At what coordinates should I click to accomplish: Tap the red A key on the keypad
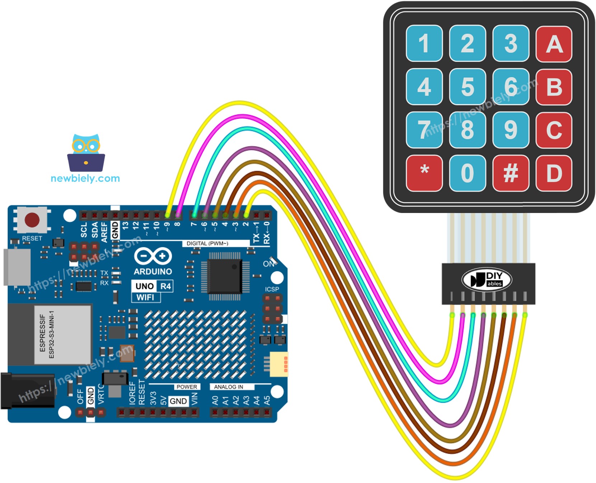click(554, 44)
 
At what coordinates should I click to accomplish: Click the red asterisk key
click(424, 173)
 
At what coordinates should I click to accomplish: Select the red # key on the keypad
click(511, 173)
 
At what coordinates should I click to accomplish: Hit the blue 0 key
click(467, 173)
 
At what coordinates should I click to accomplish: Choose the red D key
click(554, 173)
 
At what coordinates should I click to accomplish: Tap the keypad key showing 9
click(511, 130)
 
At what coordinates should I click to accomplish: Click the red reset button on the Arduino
click(32, 220)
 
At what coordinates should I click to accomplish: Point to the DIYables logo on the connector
click(487, 280)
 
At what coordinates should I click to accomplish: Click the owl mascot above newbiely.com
click(86, 153)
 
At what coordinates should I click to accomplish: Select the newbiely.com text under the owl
click(85, 178)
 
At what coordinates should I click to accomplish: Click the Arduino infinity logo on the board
click(153, 256)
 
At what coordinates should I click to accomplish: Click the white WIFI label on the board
click(145, 297)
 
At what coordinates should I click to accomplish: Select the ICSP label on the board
click(272, 289)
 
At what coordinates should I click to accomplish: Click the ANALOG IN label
click(229, 387)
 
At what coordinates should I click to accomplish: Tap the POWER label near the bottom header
click(187, 387)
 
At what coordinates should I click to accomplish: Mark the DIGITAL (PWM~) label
click(207, 243)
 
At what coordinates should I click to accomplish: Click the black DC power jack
click(27, 391)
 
